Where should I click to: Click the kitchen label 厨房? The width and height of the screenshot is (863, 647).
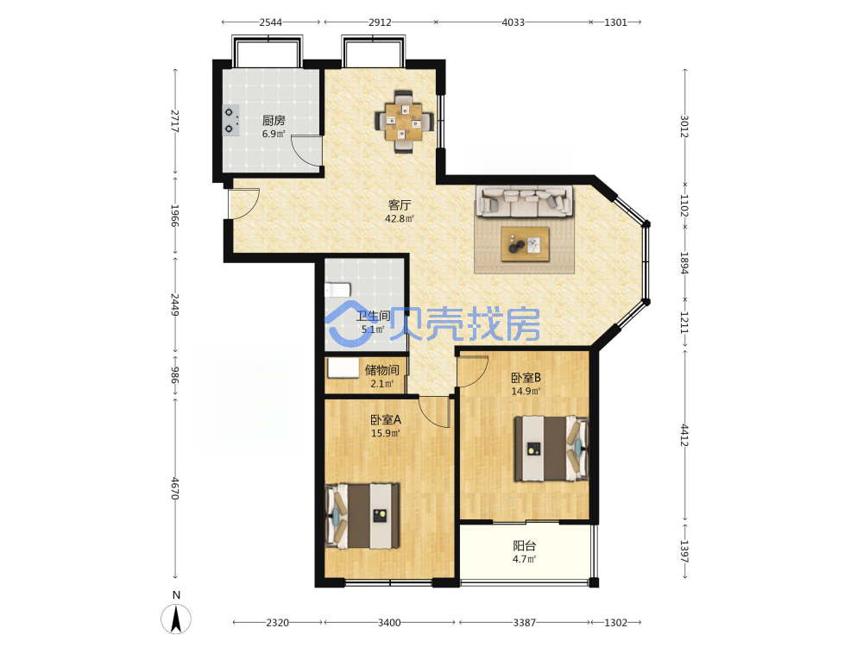pyautogui.click(x=273, y=120)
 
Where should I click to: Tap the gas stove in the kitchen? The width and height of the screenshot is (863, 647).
pyautogui.click(x=231, y=121)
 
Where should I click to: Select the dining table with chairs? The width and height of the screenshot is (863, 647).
pyautogui.click(x=405, y=121)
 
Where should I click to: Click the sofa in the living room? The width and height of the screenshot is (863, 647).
pyautogui.click(x=525, y=201)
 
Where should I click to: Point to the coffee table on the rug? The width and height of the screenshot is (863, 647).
pyautogui.click(x=525, y=244)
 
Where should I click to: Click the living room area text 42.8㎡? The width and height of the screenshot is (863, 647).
pyautogui.click(x=399, y=218)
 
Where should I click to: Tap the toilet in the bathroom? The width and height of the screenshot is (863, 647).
pyautogui.click(x=337, y=289)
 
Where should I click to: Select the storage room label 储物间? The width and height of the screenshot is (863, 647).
pyautogui.click(x=382, y=370)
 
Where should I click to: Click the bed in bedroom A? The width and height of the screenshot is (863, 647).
pyautogui.click(x=362, y=516)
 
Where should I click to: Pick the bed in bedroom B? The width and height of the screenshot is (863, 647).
pyautogui.click(x=551, y=449)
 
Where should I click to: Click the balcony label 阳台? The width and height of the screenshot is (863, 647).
pyautogui.click(x=525, y=546)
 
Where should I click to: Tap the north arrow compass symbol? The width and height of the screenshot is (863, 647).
pyautogui.click(x=176, y=619)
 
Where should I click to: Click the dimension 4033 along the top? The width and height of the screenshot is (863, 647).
pyautogui.click(x=513, y=22)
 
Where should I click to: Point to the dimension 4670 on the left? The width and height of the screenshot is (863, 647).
pyautogui.click(x=175, y=488)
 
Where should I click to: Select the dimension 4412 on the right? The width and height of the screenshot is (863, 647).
pyautogui.click(x=685, y=435)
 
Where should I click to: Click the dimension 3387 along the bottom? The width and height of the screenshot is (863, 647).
pyautogui.click(x=525, y=622)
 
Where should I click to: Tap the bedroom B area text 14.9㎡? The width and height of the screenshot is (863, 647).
pyautogui.click(x=526, y=391)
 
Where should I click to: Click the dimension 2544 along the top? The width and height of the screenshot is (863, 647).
pyautogui.click(x=271, y=22)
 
